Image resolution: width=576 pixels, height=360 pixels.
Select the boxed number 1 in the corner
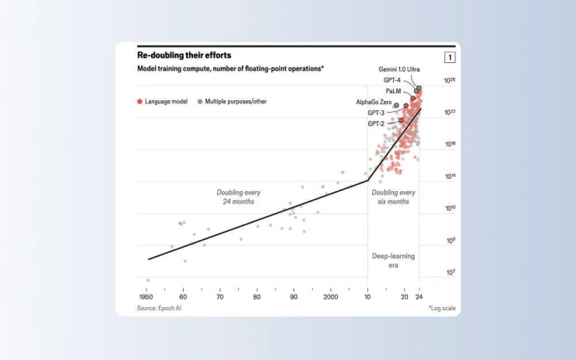click(450, 57)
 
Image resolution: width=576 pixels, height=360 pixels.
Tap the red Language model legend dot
click(139, 101)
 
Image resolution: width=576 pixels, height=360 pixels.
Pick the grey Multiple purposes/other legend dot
click(200, 101)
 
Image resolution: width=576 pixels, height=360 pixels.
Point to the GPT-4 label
click(393, 80)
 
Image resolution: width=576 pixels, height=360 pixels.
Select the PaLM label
click(393, 91)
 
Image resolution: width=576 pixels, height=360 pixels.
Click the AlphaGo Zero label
click(374, 102)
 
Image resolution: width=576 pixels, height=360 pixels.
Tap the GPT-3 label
click(376, 113)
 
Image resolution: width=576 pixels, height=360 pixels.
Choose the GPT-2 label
click(376, 124)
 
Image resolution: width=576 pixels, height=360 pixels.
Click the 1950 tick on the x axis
click(147, 297)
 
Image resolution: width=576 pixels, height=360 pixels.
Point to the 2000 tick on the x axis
click(331, 297)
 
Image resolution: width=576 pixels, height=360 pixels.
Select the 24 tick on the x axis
click(420, 297)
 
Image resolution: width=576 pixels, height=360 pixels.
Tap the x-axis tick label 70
click(220, 297)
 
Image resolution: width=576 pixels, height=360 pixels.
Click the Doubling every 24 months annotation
click(238, 197)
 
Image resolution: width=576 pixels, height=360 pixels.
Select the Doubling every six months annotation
click(393, 197)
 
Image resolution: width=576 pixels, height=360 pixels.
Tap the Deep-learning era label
click(393, 261)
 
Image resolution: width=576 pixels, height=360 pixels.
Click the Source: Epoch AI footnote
click(163, 308)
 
